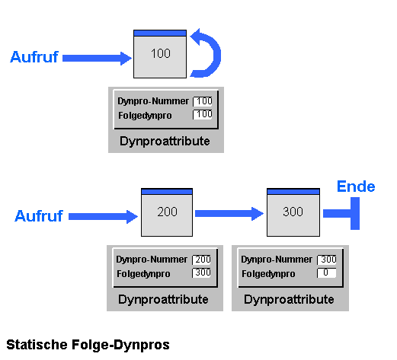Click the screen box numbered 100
[x=160, y=54]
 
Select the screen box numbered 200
[x=167, y=212]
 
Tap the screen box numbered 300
[x=293, y=212]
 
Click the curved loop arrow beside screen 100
[x=215, y=54]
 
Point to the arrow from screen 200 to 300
[x=229, y=214]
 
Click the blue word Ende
[x=356, y=186]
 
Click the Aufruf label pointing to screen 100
[x=34, y=57]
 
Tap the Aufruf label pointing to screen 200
[x=39, y=216]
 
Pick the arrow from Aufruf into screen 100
[x=97, y=59]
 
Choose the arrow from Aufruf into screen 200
[x=103, y=217]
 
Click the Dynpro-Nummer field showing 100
[x=203, y=101]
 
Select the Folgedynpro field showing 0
[x=327, y=273]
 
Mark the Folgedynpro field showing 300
[x=201, y=272]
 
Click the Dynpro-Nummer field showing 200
[x=201, y=260]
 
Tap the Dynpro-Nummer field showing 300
[x=327, y=260]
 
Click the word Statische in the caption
[x=37, y=345]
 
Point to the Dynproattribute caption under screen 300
[x=289, y=300]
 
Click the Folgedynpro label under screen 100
[x=145, y=116]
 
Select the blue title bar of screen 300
[x=293, y=192]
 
